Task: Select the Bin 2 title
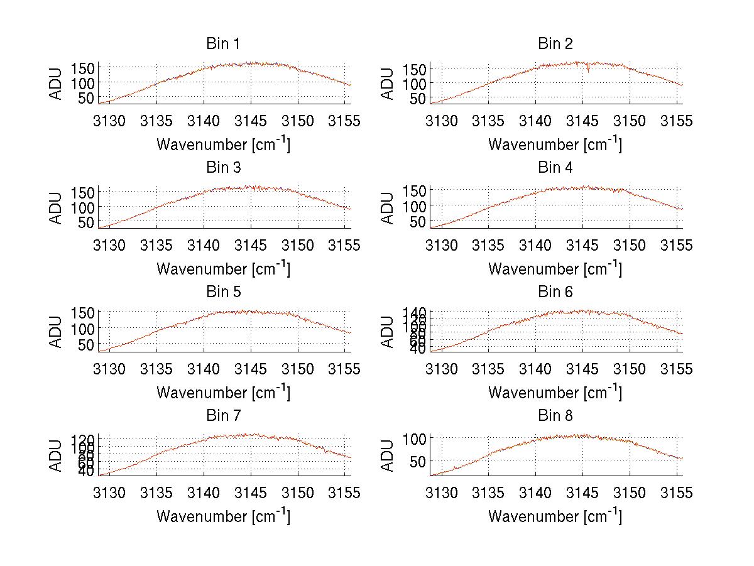(x=555, y=44)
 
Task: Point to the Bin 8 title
(x=555, y=416)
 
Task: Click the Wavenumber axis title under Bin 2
(x=555, y=144)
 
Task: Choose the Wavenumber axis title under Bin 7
(x=223, y=516)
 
